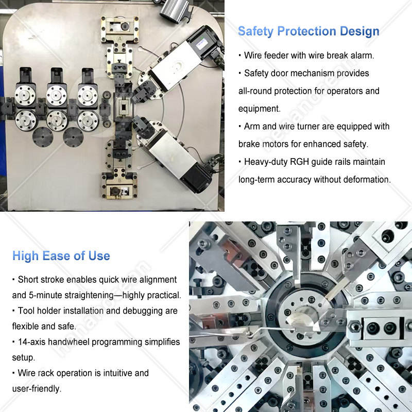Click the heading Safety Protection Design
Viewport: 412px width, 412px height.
308,31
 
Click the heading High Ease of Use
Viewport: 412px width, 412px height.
61,256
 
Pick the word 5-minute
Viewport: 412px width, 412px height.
45,295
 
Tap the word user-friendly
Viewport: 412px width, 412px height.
37,389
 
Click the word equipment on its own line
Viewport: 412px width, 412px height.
260,109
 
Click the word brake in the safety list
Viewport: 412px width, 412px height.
249,144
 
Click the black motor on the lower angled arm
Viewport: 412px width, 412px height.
196,178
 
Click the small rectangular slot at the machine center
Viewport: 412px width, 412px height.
123,108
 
